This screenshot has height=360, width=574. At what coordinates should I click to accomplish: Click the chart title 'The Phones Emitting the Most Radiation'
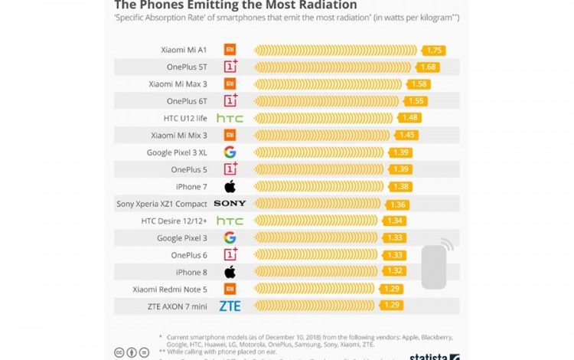pyautogui.click(x=235, y=5)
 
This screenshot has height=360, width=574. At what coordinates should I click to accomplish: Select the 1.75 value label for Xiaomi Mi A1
pyautogui.click(x=435, y=50)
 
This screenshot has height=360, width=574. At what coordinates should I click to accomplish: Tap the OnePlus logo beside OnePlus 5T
pyautogui.click(x=230, y=67)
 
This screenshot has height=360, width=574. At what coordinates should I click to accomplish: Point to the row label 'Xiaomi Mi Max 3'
pyautogui.click(x=178, y=83)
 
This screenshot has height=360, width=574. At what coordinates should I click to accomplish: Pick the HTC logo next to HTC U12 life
pyautogui.click(x=230, y=118)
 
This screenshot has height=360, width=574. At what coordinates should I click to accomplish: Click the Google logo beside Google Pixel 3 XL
pyautogui.click(x=230, y=152)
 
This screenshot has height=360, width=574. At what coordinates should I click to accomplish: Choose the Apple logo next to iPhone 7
pyautogui.click(x=230, y=186)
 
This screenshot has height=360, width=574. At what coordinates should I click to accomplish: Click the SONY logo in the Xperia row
pyautogui.click(x=230, y=204)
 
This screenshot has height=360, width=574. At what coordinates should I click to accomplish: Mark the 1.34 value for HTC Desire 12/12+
pyautogui.click(x=395, y=221)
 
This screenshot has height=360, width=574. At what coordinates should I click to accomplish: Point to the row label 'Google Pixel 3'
pyautogui.click(x=182, y=237)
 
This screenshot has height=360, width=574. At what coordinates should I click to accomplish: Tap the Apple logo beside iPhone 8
pyautogui.click(x=230, y=272)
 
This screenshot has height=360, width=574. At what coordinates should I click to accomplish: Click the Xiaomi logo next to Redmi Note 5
pyautogui.click(x=230, y=289)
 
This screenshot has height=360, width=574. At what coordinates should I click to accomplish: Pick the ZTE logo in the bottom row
pyautogui.click(x=230, y=306)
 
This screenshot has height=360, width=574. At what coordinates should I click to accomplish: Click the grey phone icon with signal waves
pyautogui.click(x=435, y=265)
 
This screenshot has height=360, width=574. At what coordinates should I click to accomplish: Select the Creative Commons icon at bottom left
pyautogui.click(x=119, y=353)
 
